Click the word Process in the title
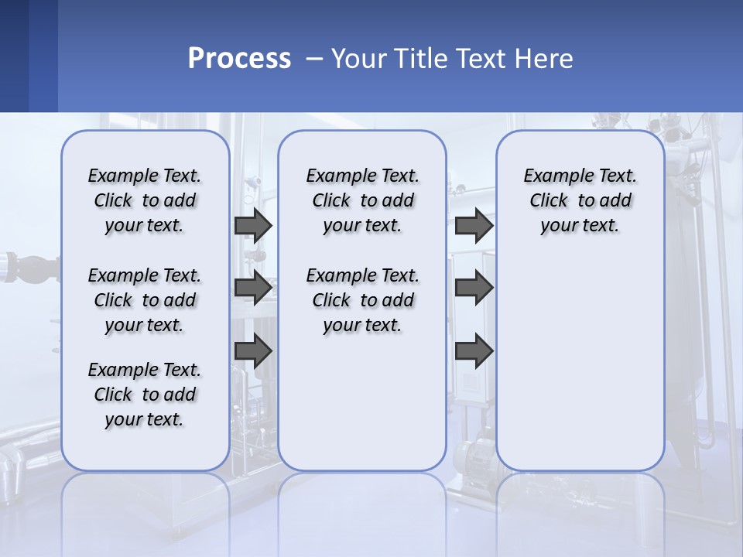pyautogui.click(x=239, y=59)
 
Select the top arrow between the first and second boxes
pyautogui.click(x=253, y=225)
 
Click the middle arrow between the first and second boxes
pyautogui.click(x=253, y=288)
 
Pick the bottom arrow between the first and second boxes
pyautogui.click(x=253, y=350)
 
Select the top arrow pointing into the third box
pyautogui.click(x=474, y=225)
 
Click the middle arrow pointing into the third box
pyautogui.click(x=474, y=288)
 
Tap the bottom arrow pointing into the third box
pyautogui.click(x=474, y=350)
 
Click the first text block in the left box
pyautogui.click(x=145, y=200)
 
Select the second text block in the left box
pyautogui.click(x=145, y=300)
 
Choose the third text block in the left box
pyautogui.click(x=145, y=395)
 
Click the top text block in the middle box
pyautogui.click(x=362, y=200)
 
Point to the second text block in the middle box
pyautogui.click(x=362, y=300)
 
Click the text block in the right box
pyautogui.click(x=580, y=200)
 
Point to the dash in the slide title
pyautogui.click(x=314, y=59)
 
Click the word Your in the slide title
pyautogui.click(x=358, y=59)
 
